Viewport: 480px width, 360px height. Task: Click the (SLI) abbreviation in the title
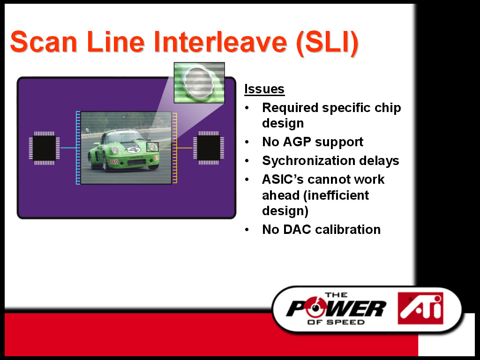tap(328, 43)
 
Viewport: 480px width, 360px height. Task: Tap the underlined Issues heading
tap(264, 89)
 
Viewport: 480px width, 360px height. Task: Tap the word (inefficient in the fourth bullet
tap(336, 195)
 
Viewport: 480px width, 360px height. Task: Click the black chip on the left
tap(45, 148)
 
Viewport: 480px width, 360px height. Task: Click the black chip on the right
tap(209, 148)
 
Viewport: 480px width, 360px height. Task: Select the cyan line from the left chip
tap(68, 148)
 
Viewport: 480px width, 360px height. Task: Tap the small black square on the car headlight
tap(152, 147)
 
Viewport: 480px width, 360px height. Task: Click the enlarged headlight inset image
tap(199, 82)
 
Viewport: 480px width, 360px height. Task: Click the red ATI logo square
tap(420, 308)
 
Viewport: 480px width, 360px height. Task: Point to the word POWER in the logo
tap(336, 308)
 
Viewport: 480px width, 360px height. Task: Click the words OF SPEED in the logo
tap(336, 322)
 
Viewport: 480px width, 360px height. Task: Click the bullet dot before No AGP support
tap(247, 142)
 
